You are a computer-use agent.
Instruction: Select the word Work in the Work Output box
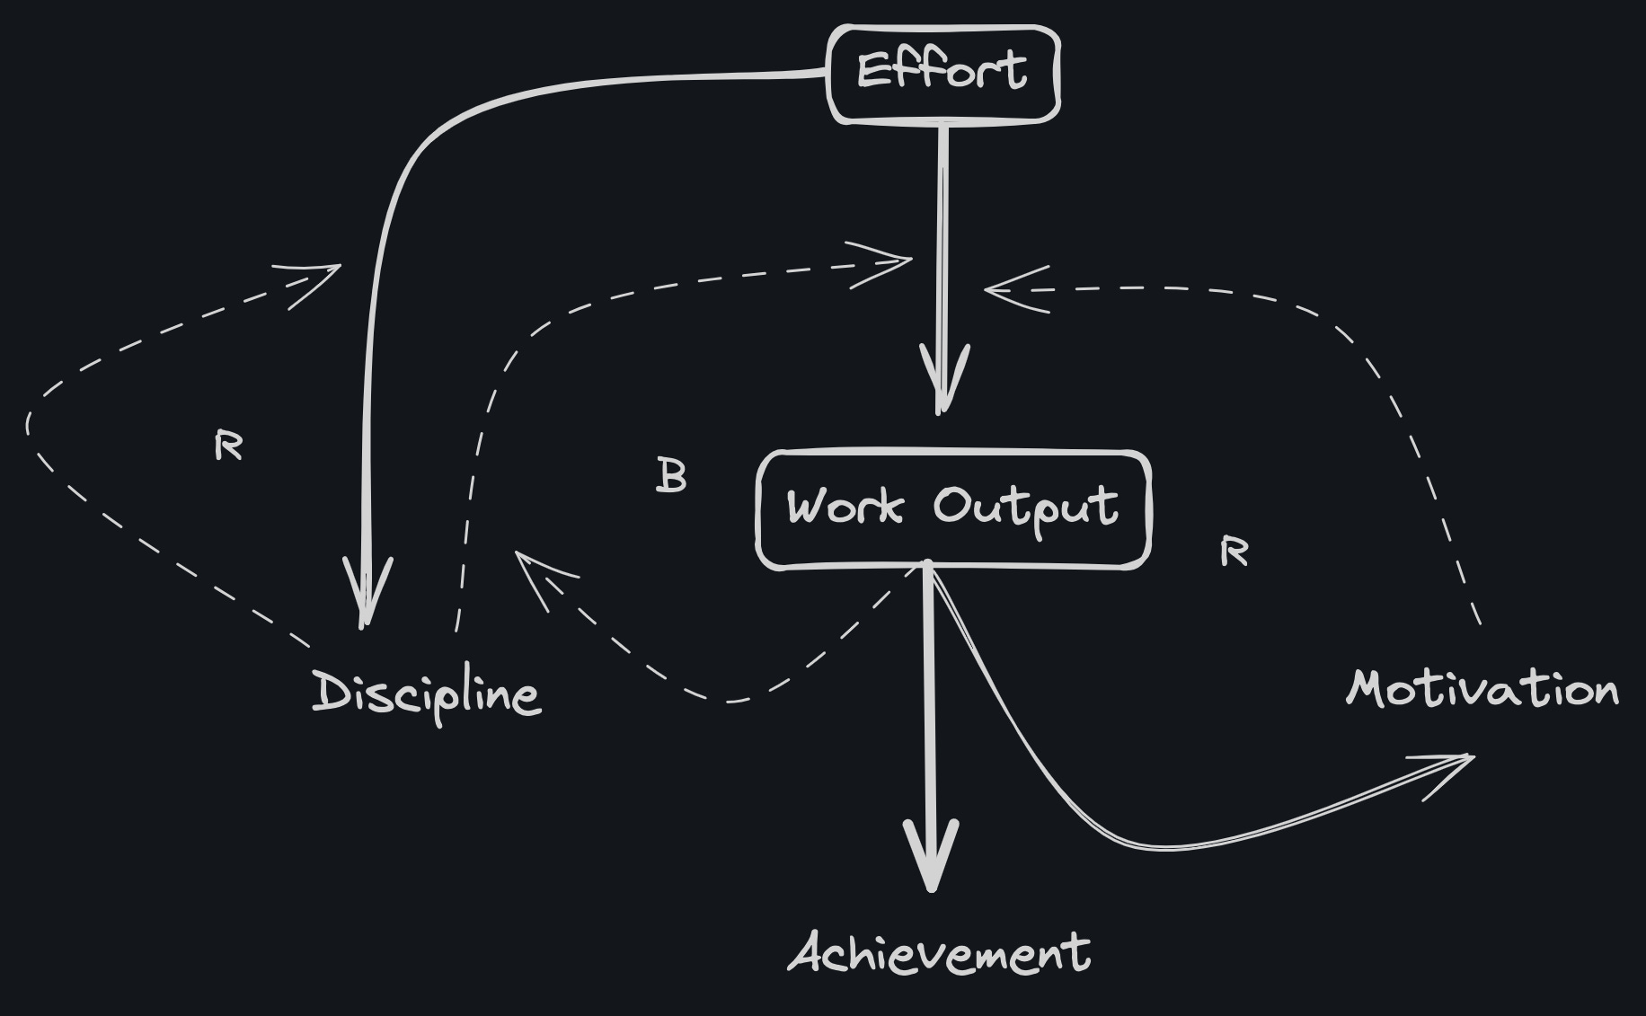(x=844, y=507)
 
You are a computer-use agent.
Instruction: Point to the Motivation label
(x=1482, y=690)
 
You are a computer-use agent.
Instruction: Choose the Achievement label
(x=940, y=953)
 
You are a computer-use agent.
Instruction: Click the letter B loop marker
(x=671, y=476)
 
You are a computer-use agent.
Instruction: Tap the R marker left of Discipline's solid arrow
(x=229, y=445)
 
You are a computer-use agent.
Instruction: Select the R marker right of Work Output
(x=1234, y=552)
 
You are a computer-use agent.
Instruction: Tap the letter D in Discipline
(x=329, y=692)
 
